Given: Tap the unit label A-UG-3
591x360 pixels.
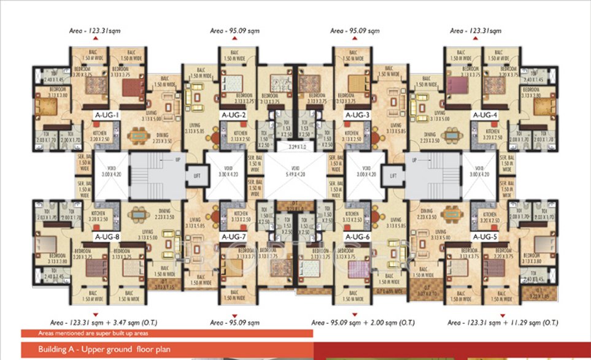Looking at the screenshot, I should pos(357,115).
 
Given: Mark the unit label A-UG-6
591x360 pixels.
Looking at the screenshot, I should pos(357,236).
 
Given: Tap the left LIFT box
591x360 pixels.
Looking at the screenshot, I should pos(196,174).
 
